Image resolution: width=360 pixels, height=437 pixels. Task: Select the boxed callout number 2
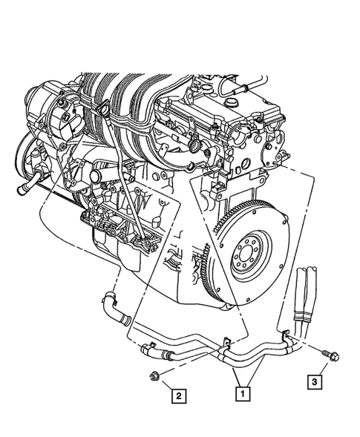click(179, 395)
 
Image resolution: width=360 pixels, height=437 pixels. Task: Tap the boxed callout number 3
click(317, 382)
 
